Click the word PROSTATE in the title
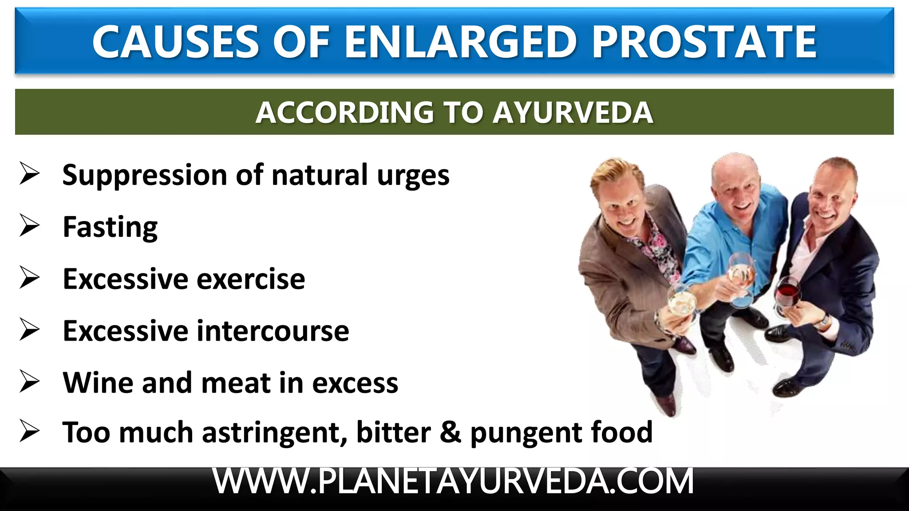pos(704,42)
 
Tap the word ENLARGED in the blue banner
pos(461,42)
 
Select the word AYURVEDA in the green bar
pos(573,113)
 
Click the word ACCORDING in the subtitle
pos(344,113)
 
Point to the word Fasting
pos(110,227)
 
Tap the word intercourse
pos(273,331)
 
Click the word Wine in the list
pos(98,382)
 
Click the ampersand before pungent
pos(451,432)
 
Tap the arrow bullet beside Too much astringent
pos(30,431)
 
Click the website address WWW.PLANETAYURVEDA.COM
pos(453,482)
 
